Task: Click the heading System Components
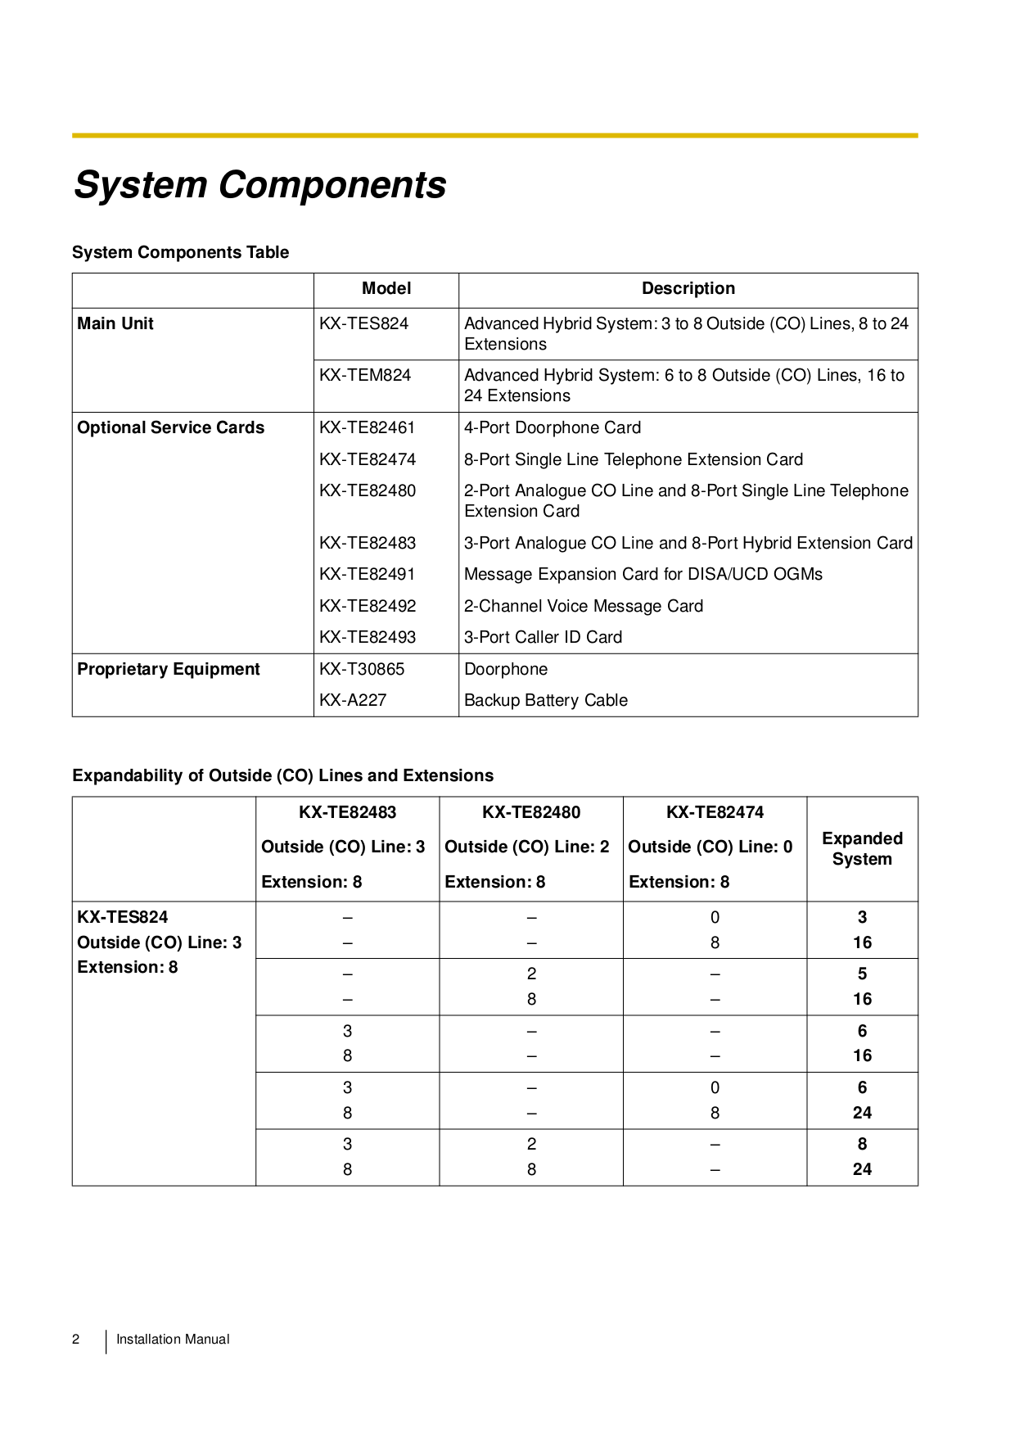259,185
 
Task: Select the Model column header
386,289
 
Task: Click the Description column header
688,289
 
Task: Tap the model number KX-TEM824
365,376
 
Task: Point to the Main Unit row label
115,324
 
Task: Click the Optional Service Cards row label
170,428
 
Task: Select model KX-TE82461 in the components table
367,428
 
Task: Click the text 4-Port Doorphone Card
552,428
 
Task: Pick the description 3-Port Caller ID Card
543,638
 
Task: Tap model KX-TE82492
368,607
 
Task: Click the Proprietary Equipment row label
168,670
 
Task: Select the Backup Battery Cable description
545,701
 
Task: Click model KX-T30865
362,670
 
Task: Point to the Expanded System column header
862,849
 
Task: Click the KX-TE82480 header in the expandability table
530,813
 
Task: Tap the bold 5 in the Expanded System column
862,974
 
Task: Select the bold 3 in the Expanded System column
862,918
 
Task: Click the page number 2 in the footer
76,1340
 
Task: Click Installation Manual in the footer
173,1340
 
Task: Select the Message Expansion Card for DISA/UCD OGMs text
643,575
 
